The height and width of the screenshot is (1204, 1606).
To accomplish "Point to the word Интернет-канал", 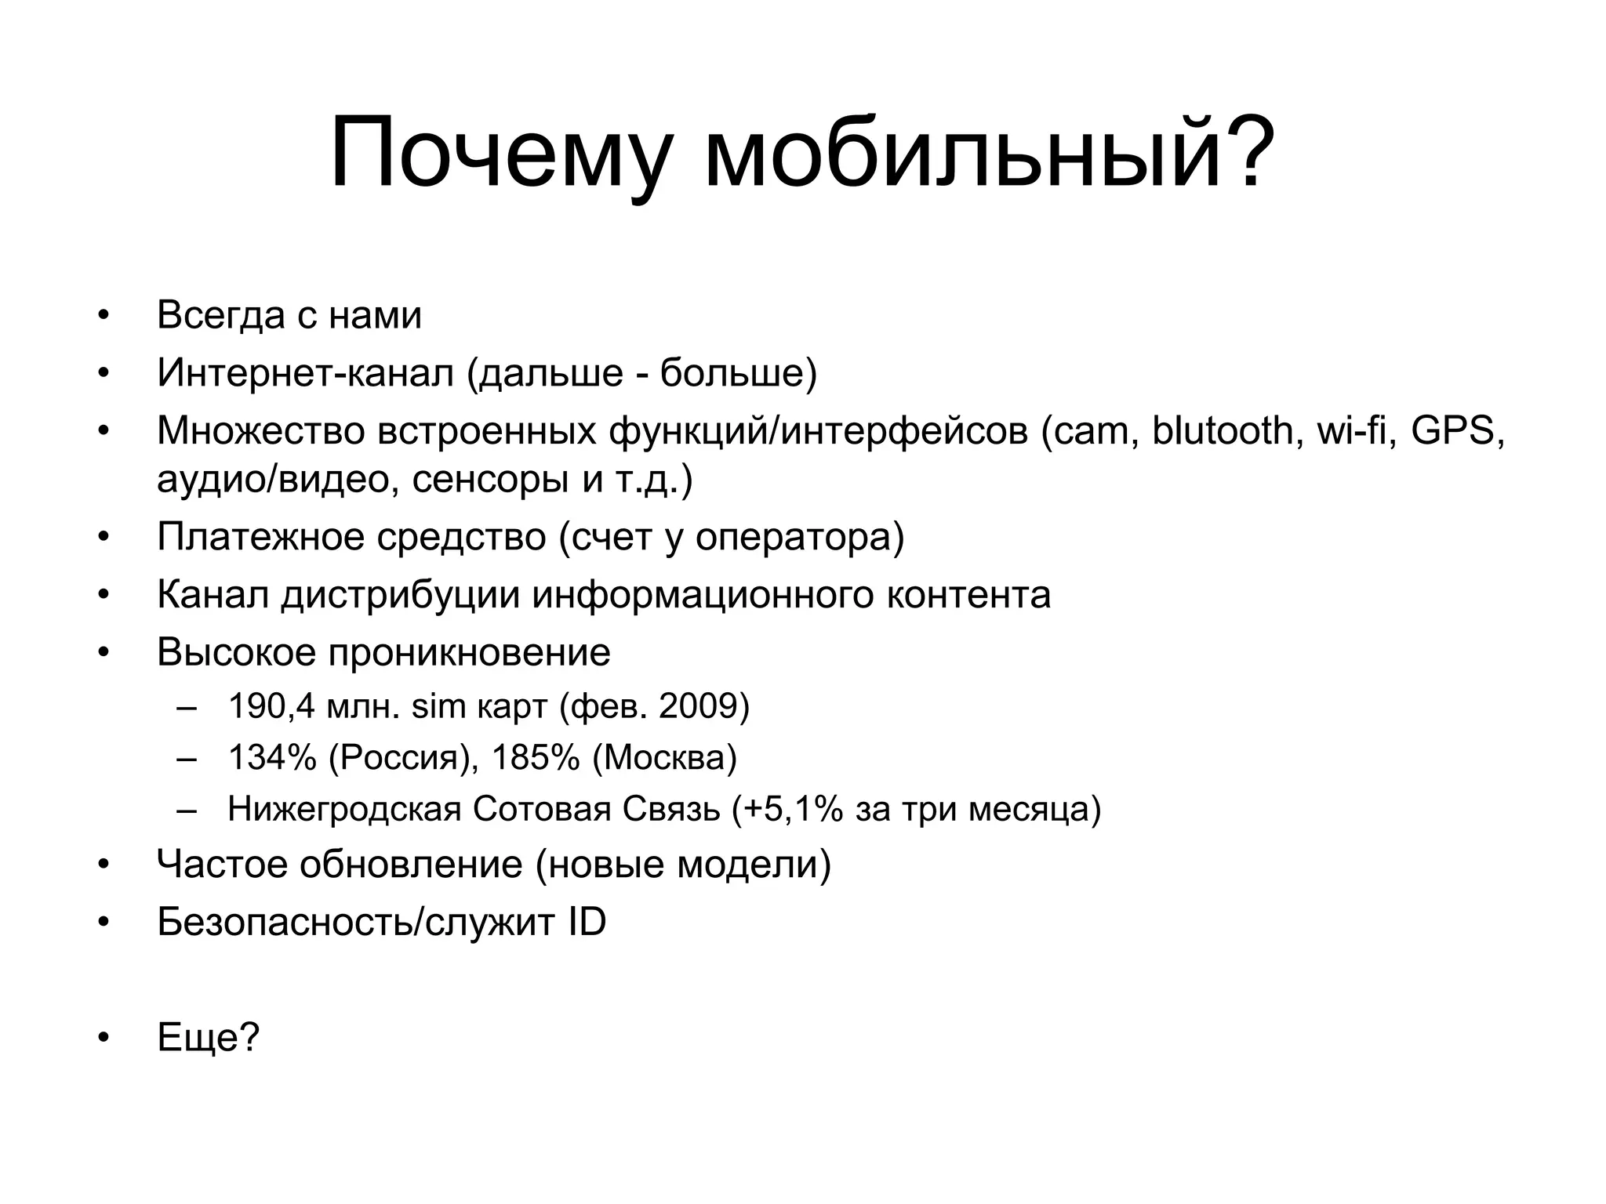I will click(305, 372).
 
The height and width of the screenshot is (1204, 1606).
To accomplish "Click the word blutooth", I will click(1222, 430).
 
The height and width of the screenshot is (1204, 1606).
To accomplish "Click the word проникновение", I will click(469, 652).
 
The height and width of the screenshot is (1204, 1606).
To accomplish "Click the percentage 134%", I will click(271, 758).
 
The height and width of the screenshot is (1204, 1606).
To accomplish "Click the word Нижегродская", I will click(344, 809).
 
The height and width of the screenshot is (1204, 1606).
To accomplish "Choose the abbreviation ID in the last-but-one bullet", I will click(587, 923).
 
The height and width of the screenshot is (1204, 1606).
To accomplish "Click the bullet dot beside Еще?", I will click(101, 1038).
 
